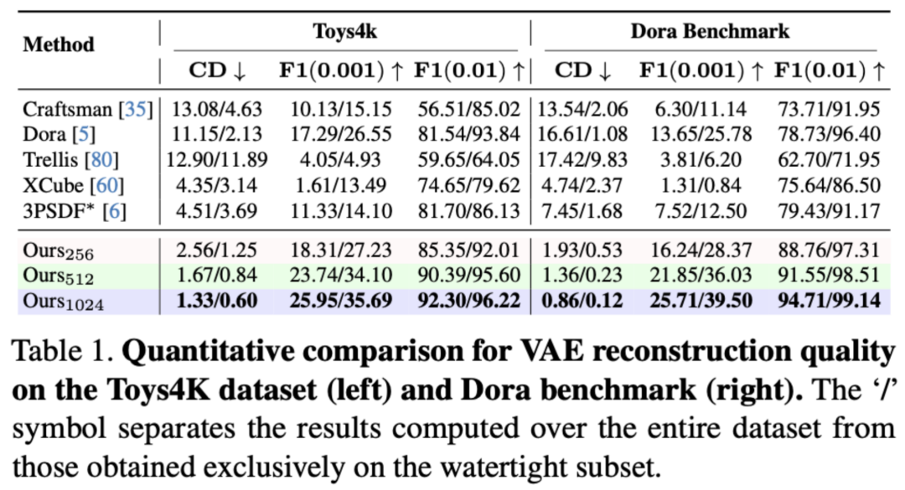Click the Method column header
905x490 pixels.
58,44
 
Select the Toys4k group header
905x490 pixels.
344,31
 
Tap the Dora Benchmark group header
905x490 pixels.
710,31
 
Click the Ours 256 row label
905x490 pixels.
58,250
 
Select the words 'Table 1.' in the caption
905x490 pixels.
63,350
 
